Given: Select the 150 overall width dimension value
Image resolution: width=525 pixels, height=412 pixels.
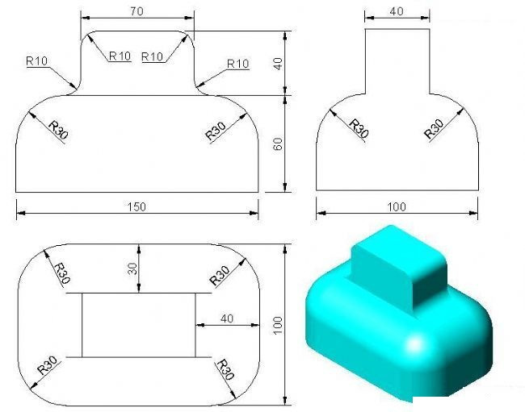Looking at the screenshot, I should [136, 207].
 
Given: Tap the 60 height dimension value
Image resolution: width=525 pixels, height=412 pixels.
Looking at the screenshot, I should [278, 144].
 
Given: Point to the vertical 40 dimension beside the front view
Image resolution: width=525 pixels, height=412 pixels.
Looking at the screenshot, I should [278, 64].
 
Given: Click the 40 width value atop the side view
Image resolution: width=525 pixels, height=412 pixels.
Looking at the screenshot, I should [397, 11].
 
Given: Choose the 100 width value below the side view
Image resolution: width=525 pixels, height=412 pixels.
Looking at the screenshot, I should [397, 207].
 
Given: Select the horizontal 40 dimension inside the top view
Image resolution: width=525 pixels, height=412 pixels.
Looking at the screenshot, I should [226, 318].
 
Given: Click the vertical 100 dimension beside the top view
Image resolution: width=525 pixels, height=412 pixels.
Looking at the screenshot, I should [278, 325].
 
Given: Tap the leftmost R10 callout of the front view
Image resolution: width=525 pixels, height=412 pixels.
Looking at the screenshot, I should [37, 60].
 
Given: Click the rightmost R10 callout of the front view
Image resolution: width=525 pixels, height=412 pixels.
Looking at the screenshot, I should [237, 64].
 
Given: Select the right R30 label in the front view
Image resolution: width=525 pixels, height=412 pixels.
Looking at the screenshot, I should [216, 130].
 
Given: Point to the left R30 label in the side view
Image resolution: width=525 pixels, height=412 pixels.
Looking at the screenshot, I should [358, 128].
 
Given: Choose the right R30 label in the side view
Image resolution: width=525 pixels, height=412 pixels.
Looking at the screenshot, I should [435, 128].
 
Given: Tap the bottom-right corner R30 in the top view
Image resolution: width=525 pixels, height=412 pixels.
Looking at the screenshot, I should [225, 370].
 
